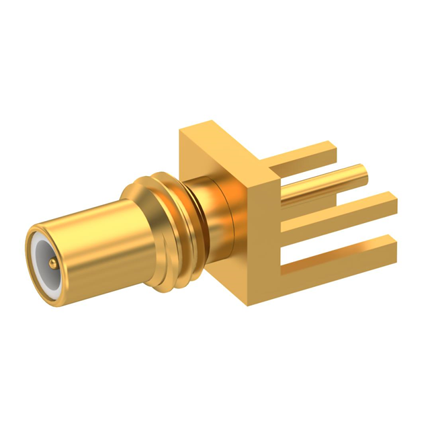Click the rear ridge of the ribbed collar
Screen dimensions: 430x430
pos(176,222)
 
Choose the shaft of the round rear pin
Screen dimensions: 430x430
pos(322,185)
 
